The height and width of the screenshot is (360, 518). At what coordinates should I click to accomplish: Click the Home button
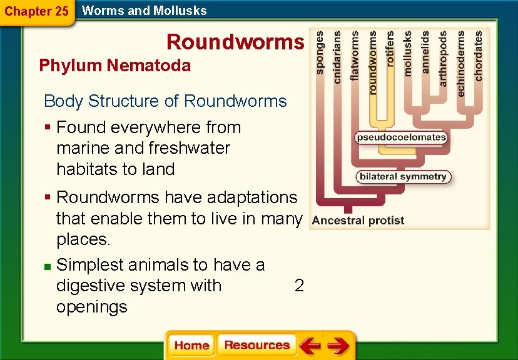191,346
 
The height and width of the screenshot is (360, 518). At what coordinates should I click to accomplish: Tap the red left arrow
310,346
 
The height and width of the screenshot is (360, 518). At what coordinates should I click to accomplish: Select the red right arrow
338,346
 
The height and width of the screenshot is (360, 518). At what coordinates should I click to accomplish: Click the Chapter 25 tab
36,11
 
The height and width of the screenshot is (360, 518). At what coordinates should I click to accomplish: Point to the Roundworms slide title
235,42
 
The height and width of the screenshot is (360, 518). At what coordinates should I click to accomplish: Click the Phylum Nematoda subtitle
114,66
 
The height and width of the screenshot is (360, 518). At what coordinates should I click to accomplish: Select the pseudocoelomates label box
401,137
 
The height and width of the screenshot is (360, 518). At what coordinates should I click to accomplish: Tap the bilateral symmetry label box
404,177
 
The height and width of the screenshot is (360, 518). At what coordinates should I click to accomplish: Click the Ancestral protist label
358,220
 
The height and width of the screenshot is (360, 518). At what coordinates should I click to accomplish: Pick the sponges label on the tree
320,54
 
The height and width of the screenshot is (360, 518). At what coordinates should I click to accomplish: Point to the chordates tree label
479,56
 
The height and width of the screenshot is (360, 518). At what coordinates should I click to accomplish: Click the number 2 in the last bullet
299,286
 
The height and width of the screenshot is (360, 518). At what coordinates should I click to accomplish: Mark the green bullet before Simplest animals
48,267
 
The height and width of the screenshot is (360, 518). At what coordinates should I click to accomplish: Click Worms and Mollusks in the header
145,10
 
